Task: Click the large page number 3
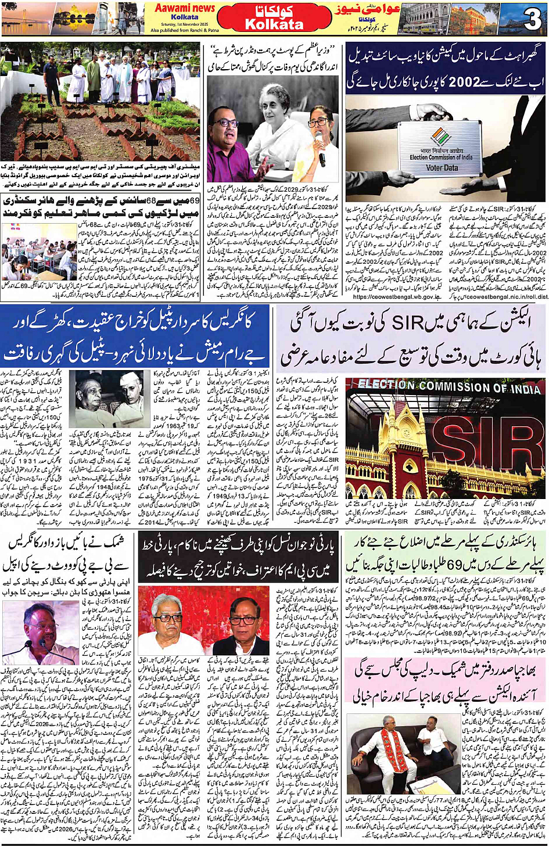pyautogui.click(x=532, y=19)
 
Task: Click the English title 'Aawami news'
pyautogui.click(x=185, y=8)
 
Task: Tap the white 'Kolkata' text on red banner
pyautogui.click(x=274, y=25)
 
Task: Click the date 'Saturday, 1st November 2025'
pyautogui.click(x=185, y=24)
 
